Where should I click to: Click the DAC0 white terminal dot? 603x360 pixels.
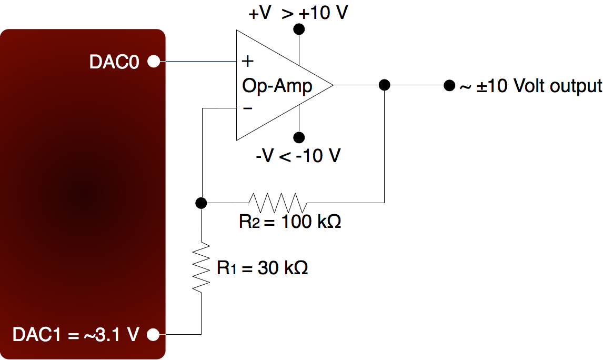pos(153,62)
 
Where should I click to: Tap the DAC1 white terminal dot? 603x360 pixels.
pos(153,334)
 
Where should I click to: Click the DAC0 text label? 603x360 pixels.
pos(114,62)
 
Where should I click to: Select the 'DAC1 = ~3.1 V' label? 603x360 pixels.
pos(76,334)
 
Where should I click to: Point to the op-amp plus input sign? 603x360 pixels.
pos(247,62)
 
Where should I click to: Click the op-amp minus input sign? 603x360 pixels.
pos(247,108)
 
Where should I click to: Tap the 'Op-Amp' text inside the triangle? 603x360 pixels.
pos(277,85)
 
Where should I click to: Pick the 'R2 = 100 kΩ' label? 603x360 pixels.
pos(290,222)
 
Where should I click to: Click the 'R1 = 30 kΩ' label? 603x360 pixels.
pos(262,268)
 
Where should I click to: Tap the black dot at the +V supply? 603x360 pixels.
pos(299,29)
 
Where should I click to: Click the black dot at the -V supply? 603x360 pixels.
pos(299,138)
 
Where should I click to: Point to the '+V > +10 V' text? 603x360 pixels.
pos(298,13)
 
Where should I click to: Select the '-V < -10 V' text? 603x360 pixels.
pos(298,156)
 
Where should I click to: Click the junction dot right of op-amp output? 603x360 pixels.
pos(385,85)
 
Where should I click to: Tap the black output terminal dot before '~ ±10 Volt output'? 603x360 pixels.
pos(449,85)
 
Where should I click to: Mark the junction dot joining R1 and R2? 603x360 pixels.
pos(200,202)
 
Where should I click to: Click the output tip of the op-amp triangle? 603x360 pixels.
pos(332,85)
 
